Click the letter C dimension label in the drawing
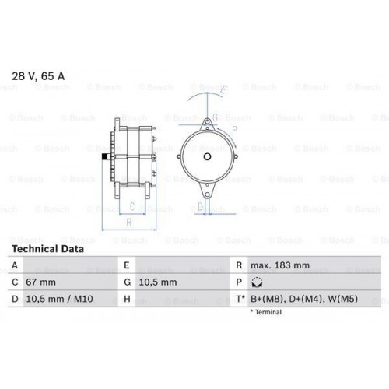[132, 206]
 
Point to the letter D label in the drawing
[200, 206]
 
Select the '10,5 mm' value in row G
[159, 282]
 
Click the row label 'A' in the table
[15, 265]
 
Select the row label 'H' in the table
[126, 299]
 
